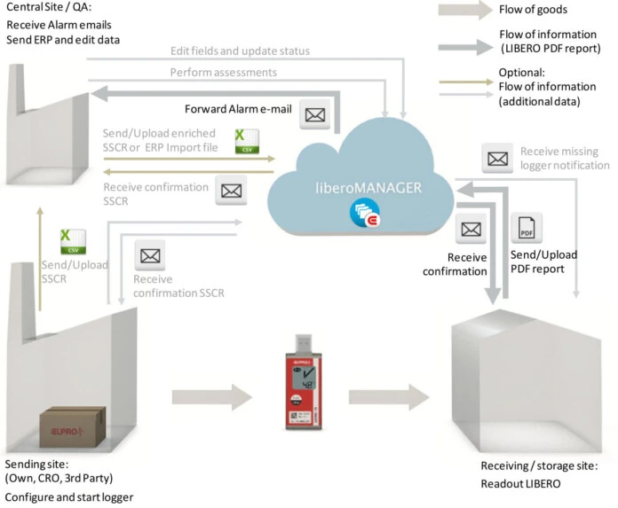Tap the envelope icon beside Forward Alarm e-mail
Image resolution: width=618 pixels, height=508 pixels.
pos(315,113)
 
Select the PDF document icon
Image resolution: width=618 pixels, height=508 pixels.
pos(527,229)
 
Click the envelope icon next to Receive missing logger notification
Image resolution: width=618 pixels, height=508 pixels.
pos(495,158)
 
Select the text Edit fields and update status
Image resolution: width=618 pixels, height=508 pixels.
pos(241,51)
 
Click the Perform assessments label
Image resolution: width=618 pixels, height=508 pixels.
pos(222,71)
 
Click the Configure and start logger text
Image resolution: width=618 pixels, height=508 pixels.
pos(69,496)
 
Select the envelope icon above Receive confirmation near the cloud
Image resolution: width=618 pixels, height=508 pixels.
pos(469,230)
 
